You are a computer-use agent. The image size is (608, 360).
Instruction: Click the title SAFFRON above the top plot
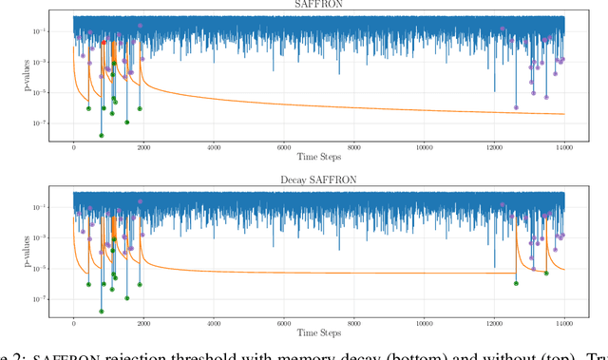coord(318,6)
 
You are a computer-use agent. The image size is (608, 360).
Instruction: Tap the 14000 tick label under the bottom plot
coord(564,324)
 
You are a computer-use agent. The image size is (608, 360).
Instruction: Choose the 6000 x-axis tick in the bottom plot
coord(284,324)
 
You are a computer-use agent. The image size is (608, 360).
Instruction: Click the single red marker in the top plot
coord(104,43)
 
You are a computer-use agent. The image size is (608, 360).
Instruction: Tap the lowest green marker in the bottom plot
coord(102,311)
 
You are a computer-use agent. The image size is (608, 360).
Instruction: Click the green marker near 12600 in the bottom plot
coord(516,283)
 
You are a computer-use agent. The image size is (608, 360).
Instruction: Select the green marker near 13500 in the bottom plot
coord(545,273)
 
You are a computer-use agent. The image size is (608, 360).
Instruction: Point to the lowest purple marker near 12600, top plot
coord(516,107)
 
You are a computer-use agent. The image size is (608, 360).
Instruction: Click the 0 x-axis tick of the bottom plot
coord(74,324)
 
